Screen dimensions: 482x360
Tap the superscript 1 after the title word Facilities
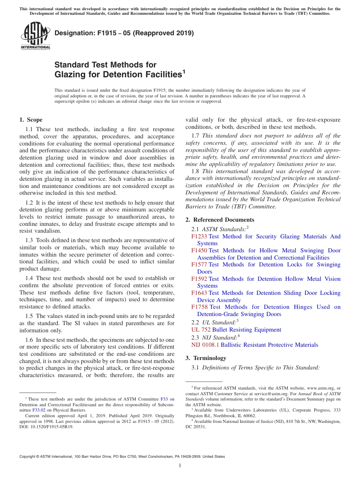click(184, 71)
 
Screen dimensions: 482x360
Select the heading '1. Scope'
click(31, 120)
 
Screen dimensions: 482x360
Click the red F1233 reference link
click(199, 236)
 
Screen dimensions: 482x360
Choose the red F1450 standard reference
click(199, 250)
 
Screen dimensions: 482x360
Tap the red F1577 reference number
click(199, 264)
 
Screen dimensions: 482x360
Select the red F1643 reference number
click(199, 293)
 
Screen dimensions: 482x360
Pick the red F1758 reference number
click(200, 307)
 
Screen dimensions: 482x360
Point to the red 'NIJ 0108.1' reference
click(205, 345)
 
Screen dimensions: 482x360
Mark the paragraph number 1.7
click(196, 136)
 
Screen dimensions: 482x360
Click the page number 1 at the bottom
click(180, 466)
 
